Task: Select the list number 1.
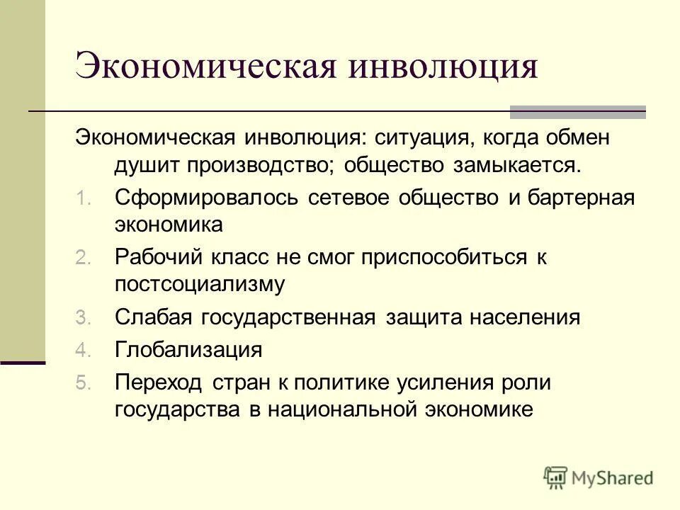82,198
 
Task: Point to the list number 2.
83,258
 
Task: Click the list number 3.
83,318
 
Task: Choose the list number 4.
83,350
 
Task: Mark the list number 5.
83,382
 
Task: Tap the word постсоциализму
200,285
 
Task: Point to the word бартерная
581,198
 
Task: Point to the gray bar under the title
578,111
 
